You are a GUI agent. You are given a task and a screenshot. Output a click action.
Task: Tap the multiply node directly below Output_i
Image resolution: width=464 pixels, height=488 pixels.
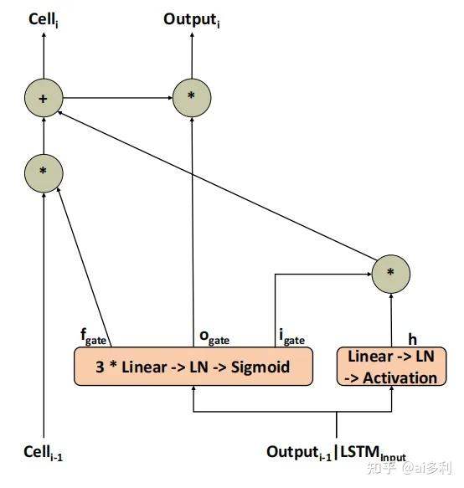[x=192, y=99]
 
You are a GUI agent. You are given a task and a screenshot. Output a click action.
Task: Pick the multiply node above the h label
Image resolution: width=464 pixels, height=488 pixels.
[x=390, y=273]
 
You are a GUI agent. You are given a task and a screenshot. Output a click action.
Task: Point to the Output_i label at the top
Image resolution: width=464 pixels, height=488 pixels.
[x=191, y=18]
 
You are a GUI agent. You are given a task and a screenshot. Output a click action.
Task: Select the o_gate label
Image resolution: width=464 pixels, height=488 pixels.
[x=213, y=337]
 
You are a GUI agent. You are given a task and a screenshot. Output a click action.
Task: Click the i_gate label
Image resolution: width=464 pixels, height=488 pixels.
[x=291, y=337]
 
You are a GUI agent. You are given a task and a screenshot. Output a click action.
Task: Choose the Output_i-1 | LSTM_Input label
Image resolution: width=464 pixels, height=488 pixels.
[x=336, y=453]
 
